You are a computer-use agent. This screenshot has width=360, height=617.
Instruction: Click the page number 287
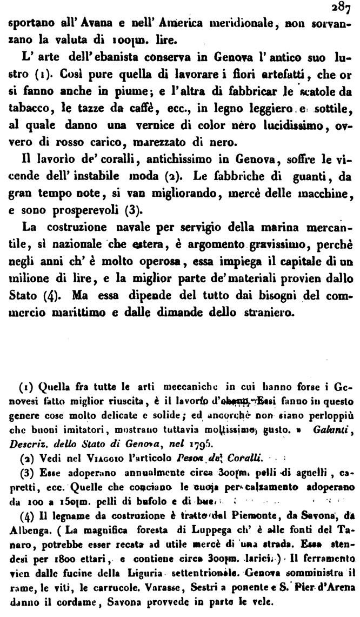(346, 8)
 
